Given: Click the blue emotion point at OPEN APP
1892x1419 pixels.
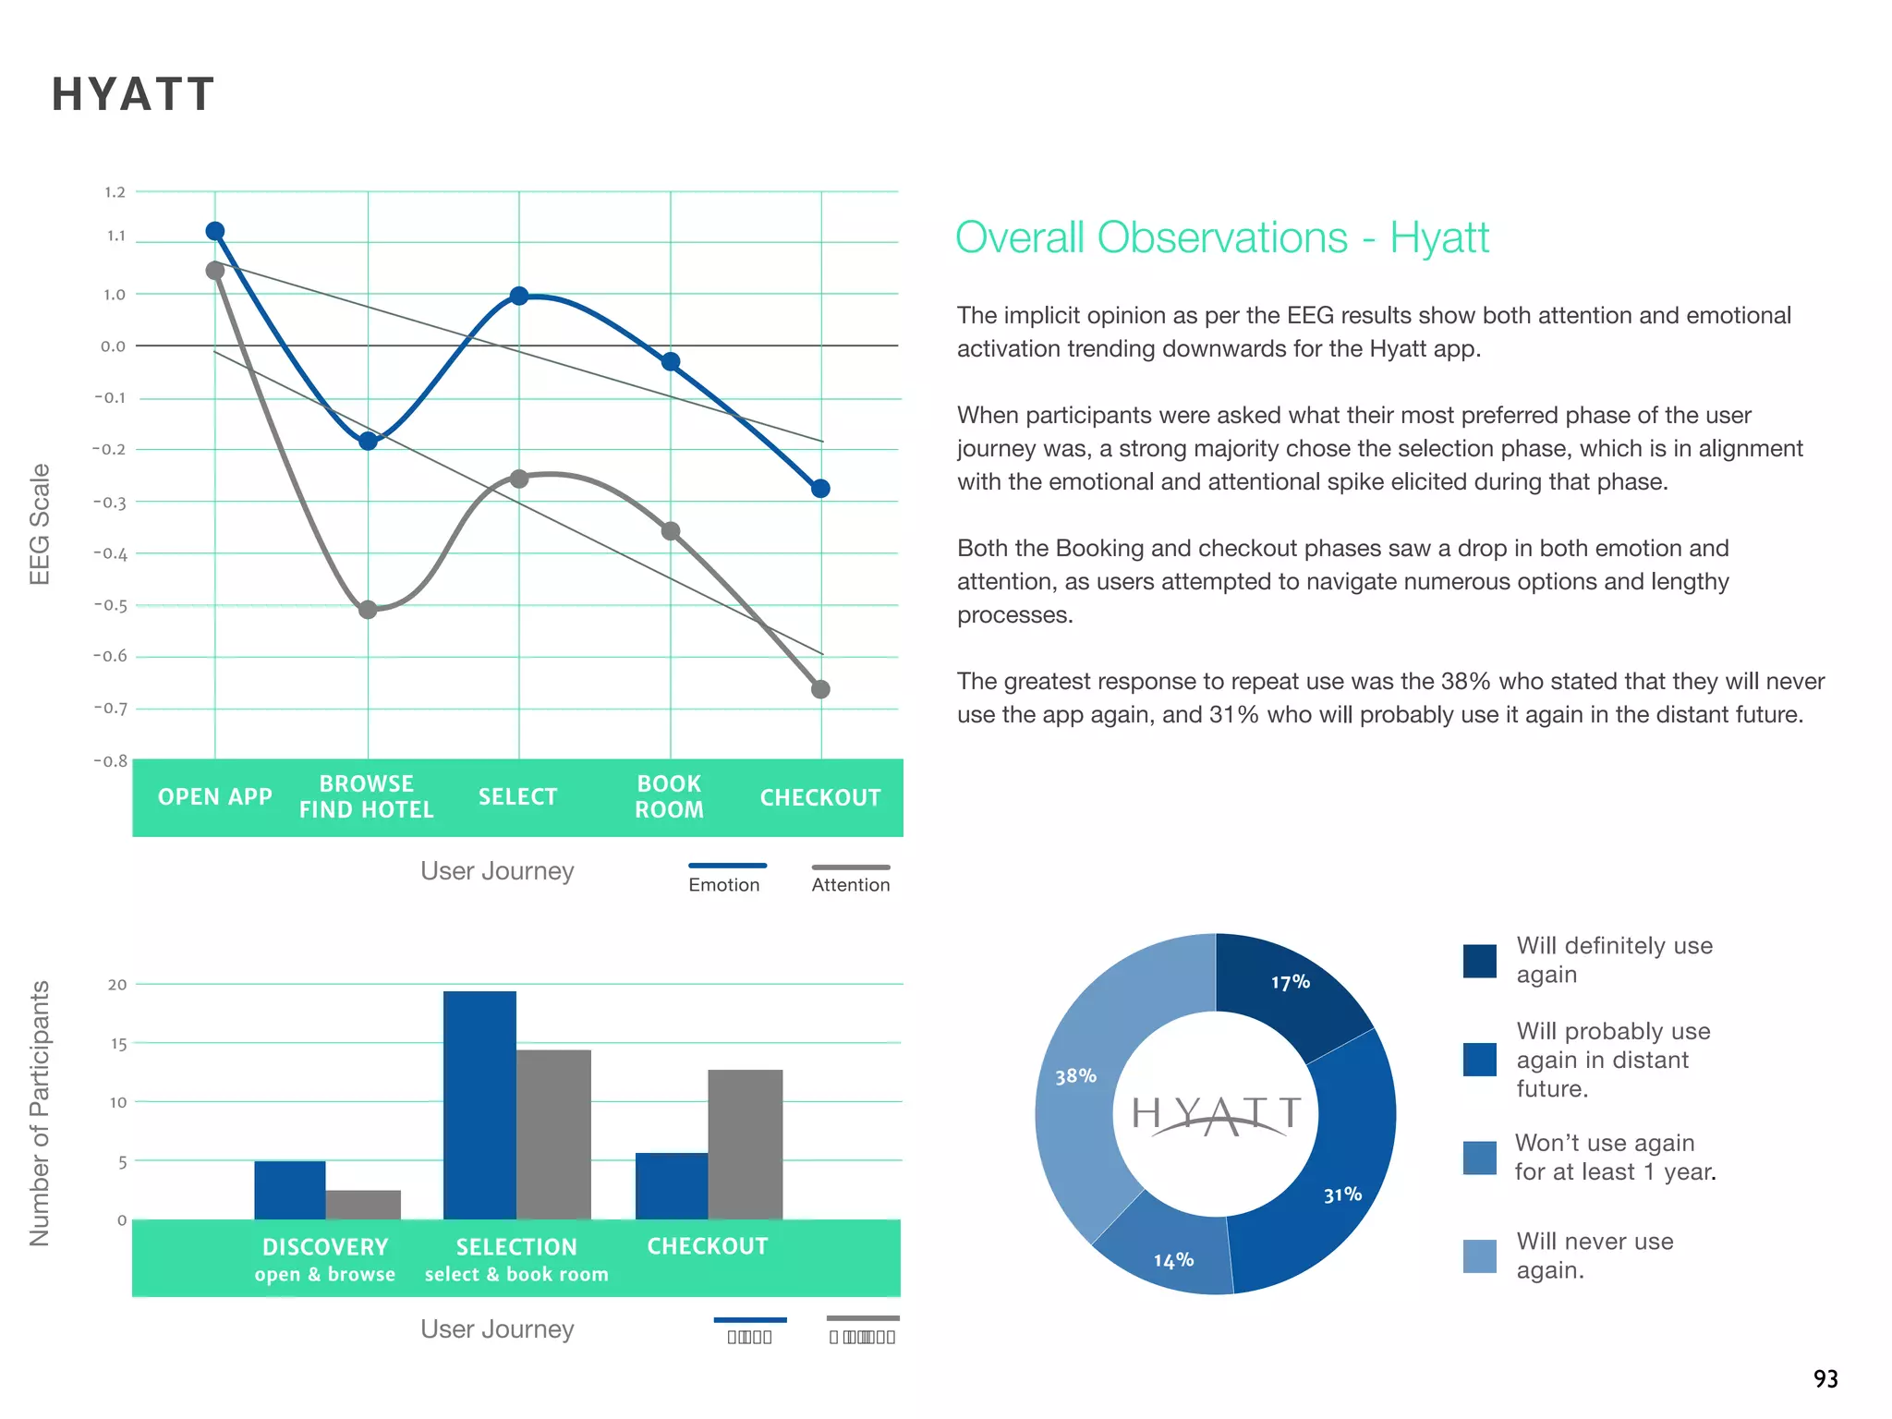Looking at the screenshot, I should coord(214,231).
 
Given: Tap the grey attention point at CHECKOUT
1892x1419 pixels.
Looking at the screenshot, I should coord(820,689).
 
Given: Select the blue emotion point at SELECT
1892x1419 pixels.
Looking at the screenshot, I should coord(519,296).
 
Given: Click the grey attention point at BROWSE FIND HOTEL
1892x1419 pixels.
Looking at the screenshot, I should coord(368,610).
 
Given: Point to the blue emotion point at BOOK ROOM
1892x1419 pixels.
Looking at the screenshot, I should coord(672,361).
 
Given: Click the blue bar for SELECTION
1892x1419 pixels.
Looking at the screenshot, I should coord(479,1105).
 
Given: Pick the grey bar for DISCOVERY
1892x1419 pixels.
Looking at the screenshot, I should coord(363,1205).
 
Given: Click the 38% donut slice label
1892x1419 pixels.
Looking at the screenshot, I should coord(1075,1076).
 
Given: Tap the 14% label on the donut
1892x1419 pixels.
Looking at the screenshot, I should coord(1173,1260).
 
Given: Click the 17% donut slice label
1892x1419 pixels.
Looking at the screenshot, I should coord(1290,982).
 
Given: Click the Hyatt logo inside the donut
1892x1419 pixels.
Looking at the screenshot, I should coord(1216,1115).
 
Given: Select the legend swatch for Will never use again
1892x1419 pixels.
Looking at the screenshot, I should coord(1479,1255).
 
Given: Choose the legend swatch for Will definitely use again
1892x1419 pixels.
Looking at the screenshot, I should coord(1479,960).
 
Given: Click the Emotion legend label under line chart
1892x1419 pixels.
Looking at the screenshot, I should coord(723,885).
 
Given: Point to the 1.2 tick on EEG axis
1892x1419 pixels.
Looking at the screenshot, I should coord(115,192).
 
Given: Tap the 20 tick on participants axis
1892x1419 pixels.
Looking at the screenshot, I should coord(117,985).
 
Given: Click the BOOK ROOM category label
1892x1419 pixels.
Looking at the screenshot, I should coord(669,796).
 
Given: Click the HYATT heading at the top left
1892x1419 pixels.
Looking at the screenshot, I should coord(133,94).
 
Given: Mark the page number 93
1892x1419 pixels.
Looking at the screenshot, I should coord(1825,1379).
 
